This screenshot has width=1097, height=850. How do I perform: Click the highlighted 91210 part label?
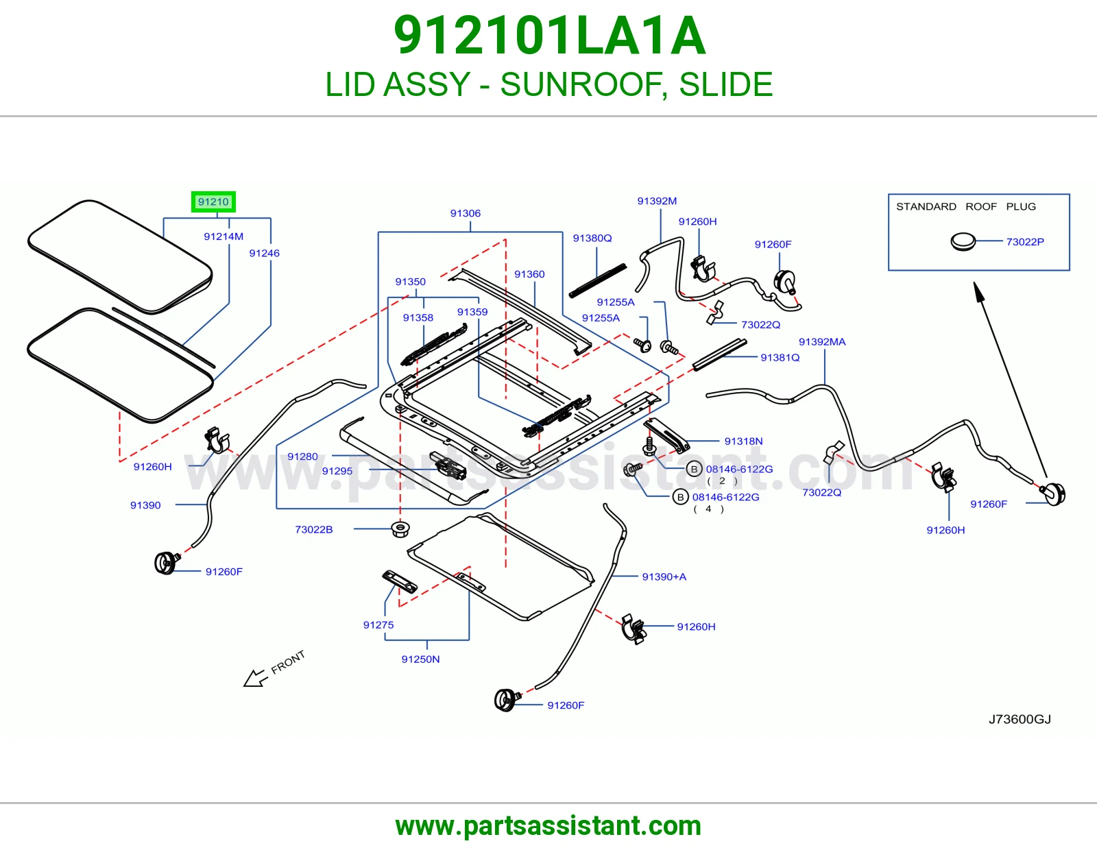point(213,202)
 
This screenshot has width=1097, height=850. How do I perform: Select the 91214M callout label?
point(224,236)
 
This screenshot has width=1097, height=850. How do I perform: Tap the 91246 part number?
point(264,253)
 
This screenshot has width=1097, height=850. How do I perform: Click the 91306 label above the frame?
point(466,213)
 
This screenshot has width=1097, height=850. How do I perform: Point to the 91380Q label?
point(592,238)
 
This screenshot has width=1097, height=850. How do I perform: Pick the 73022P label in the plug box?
point(1025,242)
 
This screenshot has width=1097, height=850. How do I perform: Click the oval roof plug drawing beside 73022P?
point(963,242)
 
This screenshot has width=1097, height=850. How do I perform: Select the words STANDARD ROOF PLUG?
point(966,206)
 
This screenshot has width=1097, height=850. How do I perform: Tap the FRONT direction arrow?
point(256,677)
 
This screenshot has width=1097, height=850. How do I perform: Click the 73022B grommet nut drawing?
point(400,529)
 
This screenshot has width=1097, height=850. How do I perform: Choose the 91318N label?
point(743,441)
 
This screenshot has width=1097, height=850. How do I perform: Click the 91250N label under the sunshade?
point(420,659)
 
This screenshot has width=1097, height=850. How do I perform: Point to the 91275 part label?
point(378,625)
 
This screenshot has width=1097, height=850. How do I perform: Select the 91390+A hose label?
point(664,576)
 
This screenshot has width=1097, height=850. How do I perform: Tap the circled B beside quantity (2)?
point(694,470)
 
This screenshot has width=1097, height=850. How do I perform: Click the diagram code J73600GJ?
point(1020,719)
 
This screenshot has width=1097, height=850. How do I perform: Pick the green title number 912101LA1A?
point(549,36)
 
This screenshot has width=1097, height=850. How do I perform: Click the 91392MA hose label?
point(822,342)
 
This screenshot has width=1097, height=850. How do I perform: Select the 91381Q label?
point(780,357)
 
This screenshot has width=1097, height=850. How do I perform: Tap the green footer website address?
point(548,826)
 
